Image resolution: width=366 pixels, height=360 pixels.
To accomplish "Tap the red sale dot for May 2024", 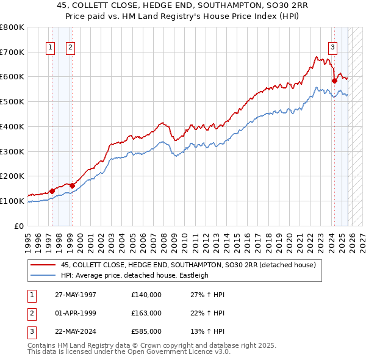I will coord(334,80).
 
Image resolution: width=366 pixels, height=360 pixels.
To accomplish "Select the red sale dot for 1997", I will coord(52,191).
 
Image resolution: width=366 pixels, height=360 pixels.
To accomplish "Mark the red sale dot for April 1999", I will coord(72,185).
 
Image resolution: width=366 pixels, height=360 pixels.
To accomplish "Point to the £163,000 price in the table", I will coord(146,312).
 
